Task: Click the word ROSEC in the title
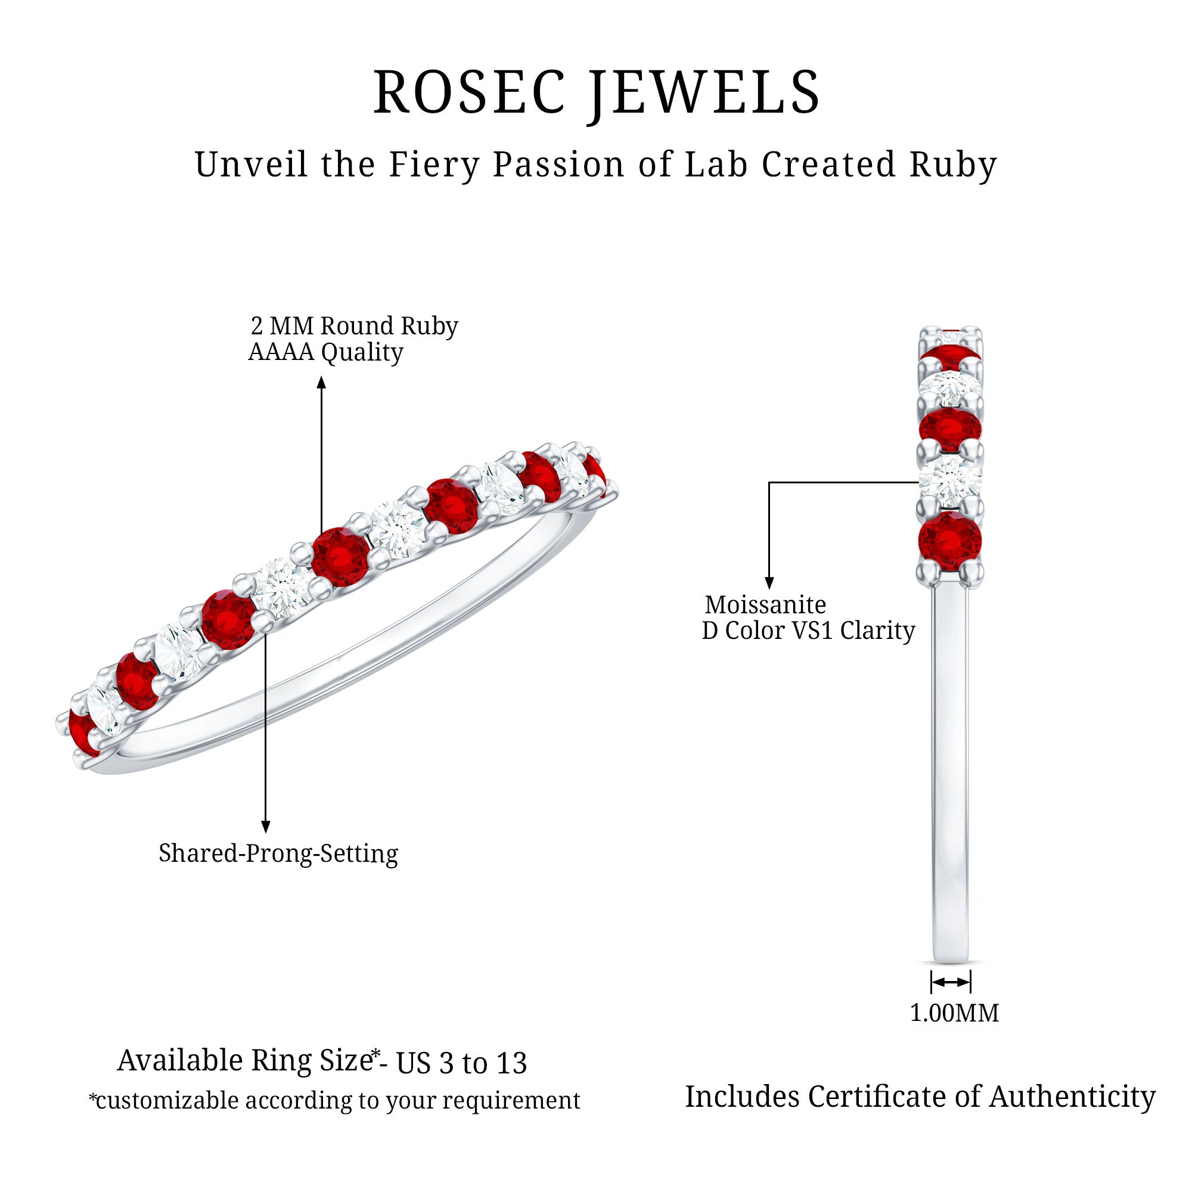coord(469,92)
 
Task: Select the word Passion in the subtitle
coord(559,164)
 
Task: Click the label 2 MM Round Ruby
coord(354,326)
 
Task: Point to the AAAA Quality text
coord(325,352)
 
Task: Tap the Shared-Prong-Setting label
coord(278,853)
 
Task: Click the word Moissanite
coord(765,604)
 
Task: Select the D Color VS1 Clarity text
coord(808,631)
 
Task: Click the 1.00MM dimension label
coord(954,1013)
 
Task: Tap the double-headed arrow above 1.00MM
coord(951,982)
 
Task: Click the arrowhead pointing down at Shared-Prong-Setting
coord(265,827)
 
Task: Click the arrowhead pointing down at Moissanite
coord(769,582)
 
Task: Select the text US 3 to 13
coord(461,1063)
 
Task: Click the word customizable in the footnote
coord(167,1101)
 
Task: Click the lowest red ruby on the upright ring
coord(949,542)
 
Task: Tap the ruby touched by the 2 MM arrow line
coord(340,556)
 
